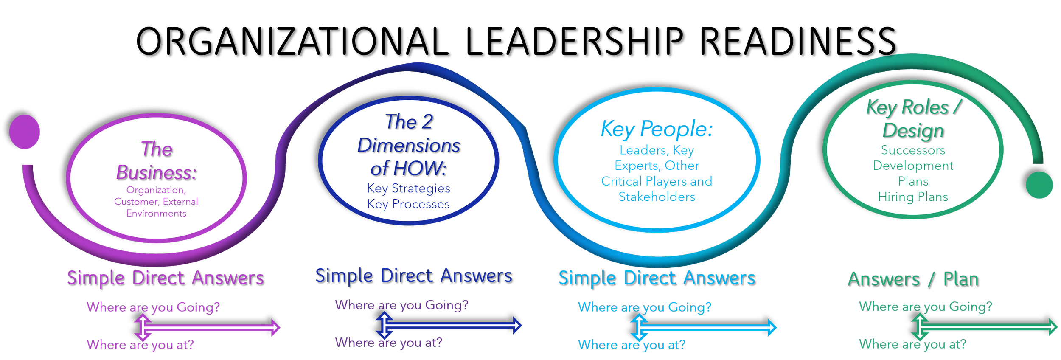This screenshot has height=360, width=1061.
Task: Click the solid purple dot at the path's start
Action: point(25,132)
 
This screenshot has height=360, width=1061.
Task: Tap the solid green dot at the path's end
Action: point(1039,185)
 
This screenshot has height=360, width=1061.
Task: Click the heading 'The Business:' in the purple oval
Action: point(157,161)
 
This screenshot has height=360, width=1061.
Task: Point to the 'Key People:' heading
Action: point(657,129)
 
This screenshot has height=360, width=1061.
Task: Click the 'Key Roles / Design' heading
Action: point(913,118)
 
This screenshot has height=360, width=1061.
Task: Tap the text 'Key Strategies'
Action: point(408,188)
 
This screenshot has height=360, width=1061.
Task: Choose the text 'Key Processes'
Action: point(408,204)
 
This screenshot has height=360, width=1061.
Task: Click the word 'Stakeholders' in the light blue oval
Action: point(657,197)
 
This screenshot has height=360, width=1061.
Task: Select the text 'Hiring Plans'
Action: point(913,197)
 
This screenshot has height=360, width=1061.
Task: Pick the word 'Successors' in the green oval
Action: point(913,150)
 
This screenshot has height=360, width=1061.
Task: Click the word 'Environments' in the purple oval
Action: point(156,213)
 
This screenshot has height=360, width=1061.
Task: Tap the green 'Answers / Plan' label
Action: point(913,279)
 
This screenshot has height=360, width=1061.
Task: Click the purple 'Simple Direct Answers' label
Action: point(165,278)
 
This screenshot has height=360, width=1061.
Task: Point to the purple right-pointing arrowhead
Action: point(275,327)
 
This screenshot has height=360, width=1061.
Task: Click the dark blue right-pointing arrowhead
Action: point(517,326)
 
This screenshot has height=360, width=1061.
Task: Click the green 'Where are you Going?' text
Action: point(925,307)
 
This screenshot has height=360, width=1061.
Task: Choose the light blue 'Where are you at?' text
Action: point(631,345)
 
